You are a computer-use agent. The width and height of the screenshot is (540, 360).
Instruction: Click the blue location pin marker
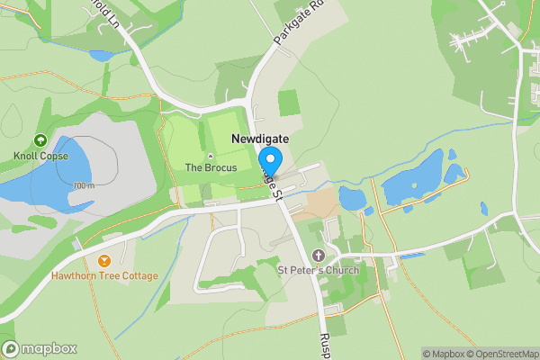coord(271,159)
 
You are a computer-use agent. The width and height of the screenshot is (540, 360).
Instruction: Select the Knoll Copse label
coord(40,155)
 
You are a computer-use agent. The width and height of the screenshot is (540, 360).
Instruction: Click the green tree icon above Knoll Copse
coord(40,140)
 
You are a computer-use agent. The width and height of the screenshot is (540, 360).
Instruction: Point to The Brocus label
coord(211,167)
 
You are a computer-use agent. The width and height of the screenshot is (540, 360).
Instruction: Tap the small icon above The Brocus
coord(211,156)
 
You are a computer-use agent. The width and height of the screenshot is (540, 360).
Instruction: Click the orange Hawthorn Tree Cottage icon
coord(104,261)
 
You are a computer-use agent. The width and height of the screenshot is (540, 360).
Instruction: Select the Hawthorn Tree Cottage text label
coord(104,275)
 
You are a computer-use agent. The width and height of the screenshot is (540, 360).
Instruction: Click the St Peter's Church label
coord(319,270)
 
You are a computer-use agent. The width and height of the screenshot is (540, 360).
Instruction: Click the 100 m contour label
coord(84,186)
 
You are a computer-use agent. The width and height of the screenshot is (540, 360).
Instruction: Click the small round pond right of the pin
coord(352,197)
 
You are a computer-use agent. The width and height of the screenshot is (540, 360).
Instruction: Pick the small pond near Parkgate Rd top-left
coord(101,56)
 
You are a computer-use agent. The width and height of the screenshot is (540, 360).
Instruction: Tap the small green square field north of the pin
coord(288,102)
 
